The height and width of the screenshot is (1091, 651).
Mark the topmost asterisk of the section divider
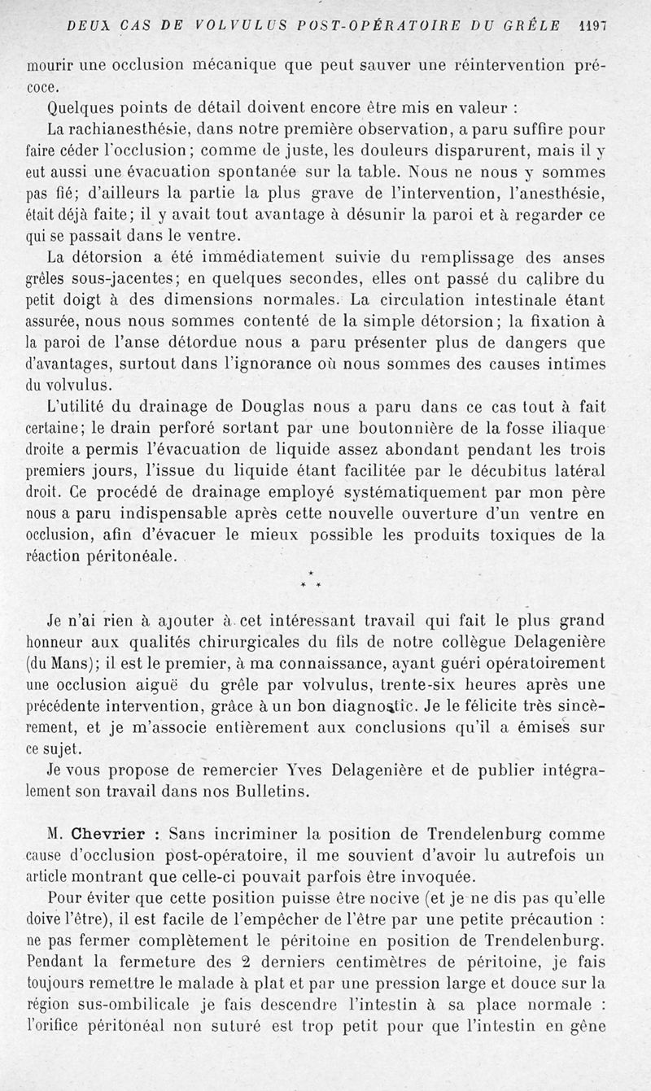[311, 574]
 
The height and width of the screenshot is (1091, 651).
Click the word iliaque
[571, 427]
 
